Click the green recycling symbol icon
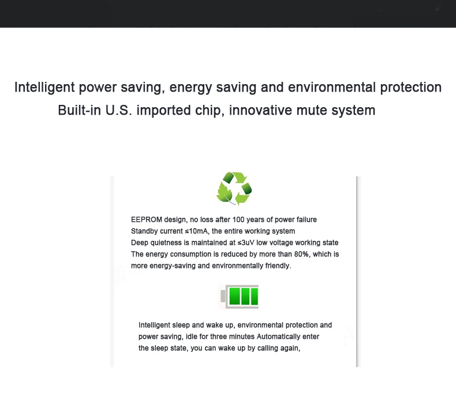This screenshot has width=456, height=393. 234,188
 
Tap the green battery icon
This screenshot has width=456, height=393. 240,296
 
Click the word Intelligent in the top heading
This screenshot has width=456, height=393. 44,88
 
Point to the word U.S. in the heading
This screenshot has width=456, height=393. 119,110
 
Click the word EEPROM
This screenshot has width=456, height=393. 147,220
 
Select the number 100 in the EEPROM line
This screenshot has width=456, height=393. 238,220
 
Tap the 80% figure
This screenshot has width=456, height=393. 301,254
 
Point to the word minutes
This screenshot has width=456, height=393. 242,337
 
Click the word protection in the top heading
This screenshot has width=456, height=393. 411,88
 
